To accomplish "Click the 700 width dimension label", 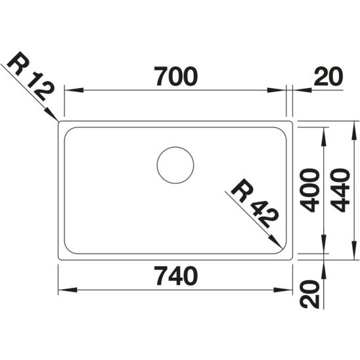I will point(175,78).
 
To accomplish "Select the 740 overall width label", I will point(175,277).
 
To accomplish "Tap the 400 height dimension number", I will point(309,189).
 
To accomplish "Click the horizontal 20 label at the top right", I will point(328,78).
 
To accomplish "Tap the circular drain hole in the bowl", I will point(175,165).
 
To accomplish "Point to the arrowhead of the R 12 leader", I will point(56,118).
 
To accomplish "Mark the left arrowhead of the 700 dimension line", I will point(68,91).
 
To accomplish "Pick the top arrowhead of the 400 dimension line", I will point(325,131).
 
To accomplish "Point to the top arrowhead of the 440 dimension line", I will point(355,125).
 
